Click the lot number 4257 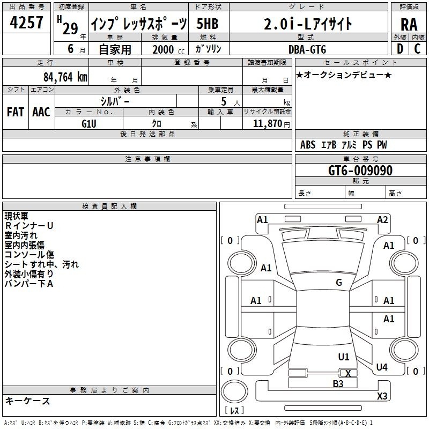[26, 23]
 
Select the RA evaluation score [409, 25]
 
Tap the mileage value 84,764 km [65, 77]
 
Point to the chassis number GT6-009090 [360, 171]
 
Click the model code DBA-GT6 [307, 49]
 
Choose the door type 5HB [208, 24]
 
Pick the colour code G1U [89, 124]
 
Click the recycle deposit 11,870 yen [271, 124]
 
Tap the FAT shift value [16, 112]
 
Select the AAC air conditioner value [41, 112]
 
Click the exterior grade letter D [400, 49]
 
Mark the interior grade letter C [417, 49]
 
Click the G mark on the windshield [339, 283]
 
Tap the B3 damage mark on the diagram [338, 384]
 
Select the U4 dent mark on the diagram [382, 367]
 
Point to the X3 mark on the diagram [382, 396]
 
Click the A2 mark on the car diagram [382, 220]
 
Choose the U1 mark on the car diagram [344, 357]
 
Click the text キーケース [28, 401]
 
